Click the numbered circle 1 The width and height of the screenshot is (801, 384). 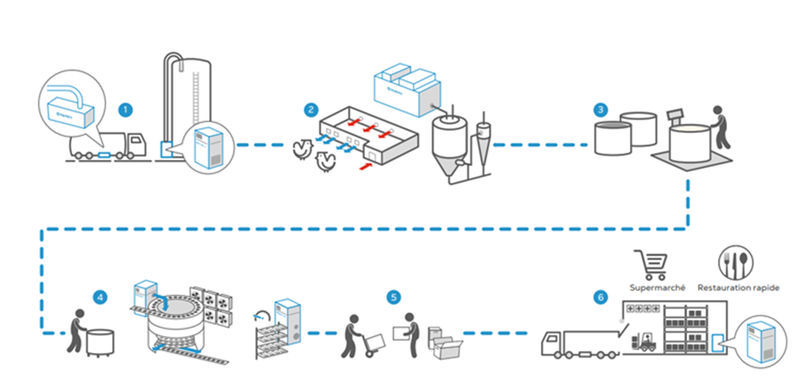pos(125,109)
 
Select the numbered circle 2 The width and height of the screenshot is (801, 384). pos(312,109)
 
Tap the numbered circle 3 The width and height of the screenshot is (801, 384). pos(600,109)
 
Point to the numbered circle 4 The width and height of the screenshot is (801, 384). pos(100,297)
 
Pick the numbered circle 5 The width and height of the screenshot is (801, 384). pos(393,297)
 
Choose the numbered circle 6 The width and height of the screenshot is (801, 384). pos(600,297)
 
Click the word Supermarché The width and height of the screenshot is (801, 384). pos(652,287)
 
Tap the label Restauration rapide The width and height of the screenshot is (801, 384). pos(737,287)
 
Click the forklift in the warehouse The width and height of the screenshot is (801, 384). pos(648,341)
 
